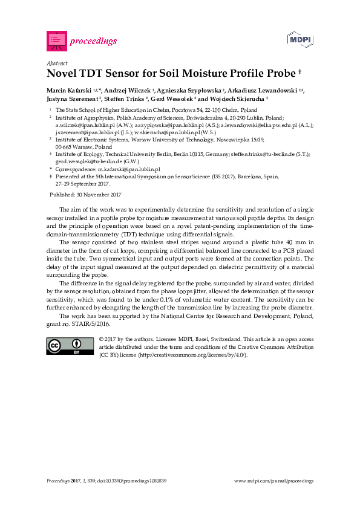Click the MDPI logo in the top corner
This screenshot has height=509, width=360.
[x=299, y=40]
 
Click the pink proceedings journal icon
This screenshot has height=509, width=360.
[x=57, y=41]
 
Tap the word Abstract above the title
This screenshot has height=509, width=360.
[x=56, y=63]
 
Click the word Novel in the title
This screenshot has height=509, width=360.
[x=62, y=74]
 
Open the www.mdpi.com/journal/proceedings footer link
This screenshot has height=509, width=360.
[x=273, y=481]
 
